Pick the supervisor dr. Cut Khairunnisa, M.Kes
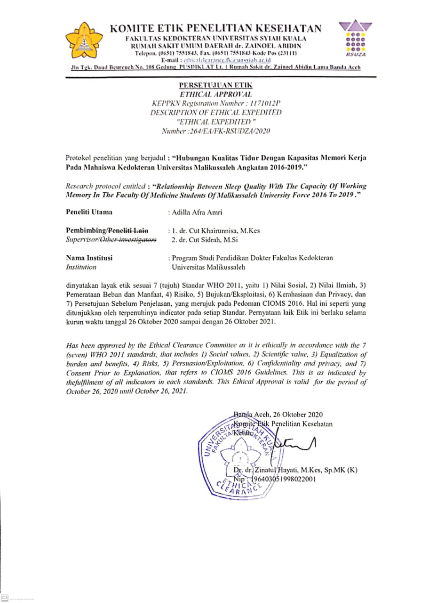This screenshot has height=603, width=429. pyautogui.click(x=217, y=231)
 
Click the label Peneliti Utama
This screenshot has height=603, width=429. pyautogui.click(x=89, y=212)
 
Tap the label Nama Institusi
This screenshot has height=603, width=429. pyautogui.click(x=89, y=258)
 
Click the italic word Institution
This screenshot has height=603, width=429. pyautogui.click(x=81, y=267)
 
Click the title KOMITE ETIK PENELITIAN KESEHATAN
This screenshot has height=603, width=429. pyautogui.click(x=216, y=29)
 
